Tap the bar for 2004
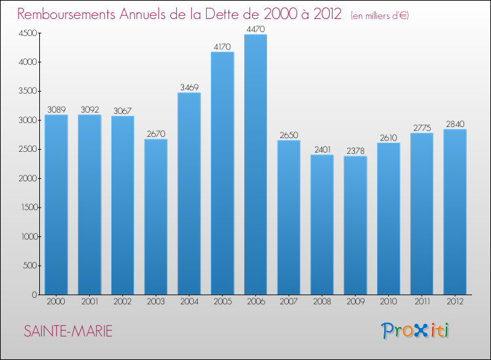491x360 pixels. [x=189, y=194]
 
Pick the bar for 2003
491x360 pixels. [x=156, y=217]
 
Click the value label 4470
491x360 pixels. [x=255, y=29]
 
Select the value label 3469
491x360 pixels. [x=189, y=88]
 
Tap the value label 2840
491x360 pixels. [x=455, y=124]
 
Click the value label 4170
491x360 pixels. [x=222, y=47]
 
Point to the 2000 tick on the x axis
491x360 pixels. [x=56, y=301]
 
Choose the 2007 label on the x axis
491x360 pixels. [x=289, y=301]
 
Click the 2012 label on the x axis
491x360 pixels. [x=455, y=301]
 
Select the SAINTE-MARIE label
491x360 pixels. [x=68, y=332]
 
